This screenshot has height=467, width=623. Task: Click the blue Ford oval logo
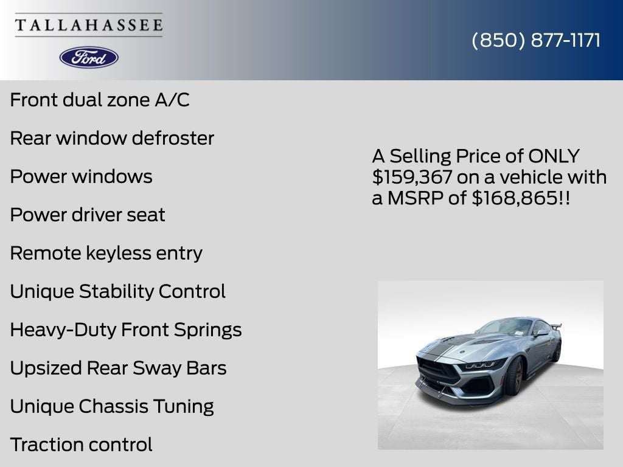tap(89, 58)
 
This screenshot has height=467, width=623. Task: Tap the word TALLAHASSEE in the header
tap(89, 25)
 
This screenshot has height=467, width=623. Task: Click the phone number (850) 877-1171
tap(536, 40)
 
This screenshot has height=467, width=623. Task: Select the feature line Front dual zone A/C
tap(100, 100)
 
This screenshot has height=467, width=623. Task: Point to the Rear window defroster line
tap(112, 138)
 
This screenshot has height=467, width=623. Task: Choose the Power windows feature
tap(82, 176)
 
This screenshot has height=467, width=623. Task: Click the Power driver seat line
tap(88, 215)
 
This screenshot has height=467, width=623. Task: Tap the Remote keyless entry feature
tap(106, 254)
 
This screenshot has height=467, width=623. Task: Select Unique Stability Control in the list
tap(118, 291)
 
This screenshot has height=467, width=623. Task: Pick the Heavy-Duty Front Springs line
tap(126, 330)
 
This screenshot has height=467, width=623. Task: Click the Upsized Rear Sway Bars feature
tap(119, 368)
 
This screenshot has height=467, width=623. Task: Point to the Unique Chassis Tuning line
tap(112, 407)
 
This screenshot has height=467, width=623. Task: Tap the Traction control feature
tap(82, 445)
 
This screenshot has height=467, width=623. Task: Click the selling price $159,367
tap(412, 177)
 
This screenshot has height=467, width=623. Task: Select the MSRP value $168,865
tap(515, 198)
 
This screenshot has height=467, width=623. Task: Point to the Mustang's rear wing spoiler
tap(555, 327)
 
